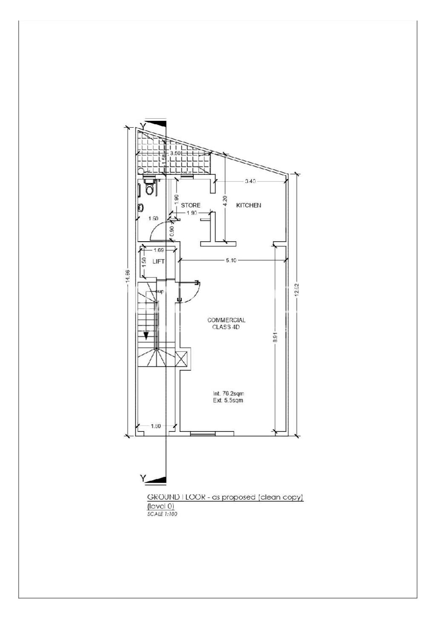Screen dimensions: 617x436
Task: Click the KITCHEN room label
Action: (x=249, y=205)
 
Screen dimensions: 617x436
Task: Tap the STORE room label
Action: (x=190, y=205)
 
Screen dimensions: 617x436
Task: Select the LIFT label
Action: (x=158, y=261)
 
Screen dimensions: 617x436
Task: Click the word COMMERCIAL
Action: (x=226, y=320)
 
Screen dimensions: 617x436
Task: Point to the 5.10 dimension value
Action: (x=231, y=260)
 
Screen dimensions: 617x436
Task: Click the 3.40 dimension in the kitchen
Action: (x=250, y=181)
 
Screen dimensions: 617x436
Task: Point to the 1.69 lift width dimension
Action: (x=158, y=250)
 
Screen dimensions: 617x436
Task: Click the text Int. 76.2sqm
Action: (x=228, y=393)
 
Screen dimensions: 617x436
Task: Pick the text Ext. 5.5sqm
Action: (x=228, y=400)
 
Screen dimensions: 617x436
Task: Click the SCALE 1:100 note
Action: (x=162, y=514)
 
